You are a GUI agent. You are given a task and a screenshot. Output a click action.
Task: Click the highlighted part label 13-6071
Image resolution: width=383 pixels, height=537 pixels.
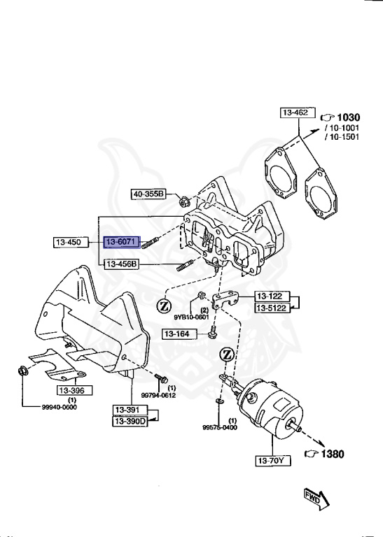tap(121, 243)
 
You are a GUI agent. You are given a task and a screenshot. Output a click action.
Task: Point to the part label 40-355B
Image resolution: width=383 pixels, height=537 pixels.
tap(148, 194)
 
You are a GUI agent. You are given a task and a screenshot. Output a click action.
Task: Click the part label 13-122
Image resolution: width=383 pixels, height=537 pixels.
tap(271, 296)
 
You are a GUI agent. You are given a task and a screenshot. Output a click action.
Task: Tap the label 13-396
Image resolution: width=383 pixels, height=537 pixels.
tap(71, 390)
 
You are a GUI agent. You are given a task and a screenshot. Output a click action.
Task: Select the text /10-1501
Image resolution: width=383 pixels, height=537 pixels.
tap(342, 137)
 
